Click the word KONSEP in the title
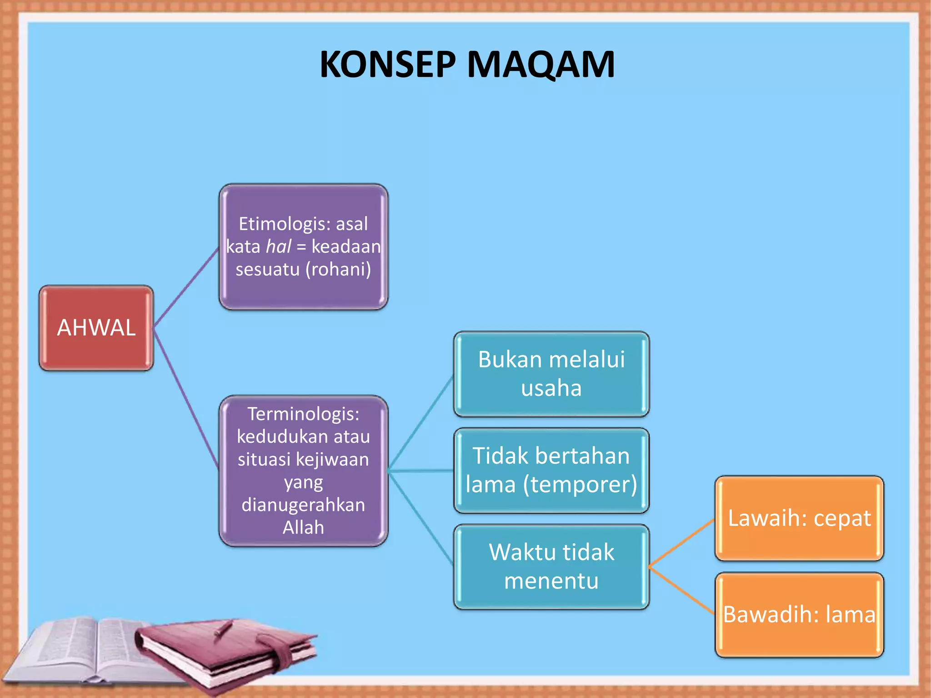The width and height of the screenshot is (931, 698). coord(387,65)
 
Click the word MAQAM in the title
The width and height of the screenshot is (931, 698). coord(541,65)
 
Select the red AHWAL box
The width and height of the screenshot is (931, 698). coord(96,328)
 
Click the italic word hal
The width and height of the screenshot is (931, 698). coord(278,247)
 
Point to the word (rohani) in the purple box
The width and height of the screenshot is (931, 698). coord(338,269)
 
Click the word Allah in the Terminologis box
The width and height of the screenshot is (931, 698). coord(303,528)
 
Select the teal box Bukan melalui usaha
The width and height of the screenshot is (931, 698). coord(551,374)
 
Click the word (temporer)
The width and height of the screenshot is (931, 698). coord(580,484)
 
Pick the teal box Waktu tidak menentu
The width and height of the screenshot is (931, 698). coord(551,567)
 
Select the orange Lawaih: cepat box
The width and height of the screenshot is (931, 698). coord(799,518)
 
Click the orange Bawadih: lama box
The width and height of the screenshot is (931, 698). coord(799,614)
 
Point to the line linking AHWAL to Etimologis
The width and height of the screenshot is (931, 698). coord(186,287)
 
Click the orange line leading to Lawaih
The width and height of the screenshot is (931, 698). coord(682,543)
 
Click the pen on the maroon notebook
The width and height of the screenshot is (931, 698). coord(223,629)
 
